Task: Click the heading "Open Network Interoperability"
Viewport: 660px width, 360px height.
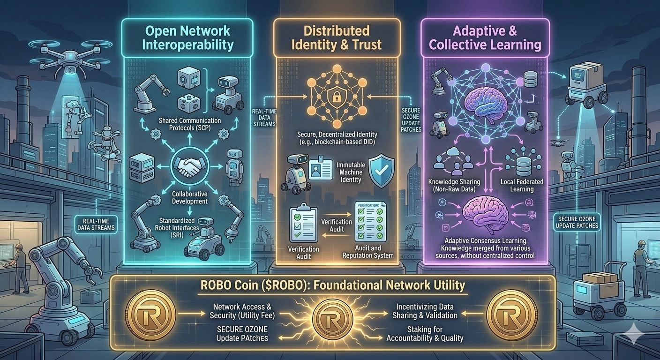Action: click(187, 38)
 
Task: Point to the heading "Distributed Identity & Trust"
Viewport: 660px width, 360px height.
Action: click(337, 38)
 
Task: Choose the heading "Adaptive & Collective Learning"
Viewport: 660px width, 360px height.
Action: click(485, 38)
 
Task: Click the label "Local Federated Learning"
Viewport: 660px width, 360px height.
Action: click(522, 185)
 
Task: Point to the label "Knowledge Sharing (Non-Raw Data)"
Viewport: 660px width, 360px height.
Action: click(452, 185)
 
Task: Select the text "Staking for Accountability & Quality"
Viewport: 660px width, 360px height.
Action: click(425, 334)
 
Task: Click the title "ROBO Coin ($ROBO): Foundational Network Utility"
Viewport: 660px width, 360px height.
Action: click(332, 285)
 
